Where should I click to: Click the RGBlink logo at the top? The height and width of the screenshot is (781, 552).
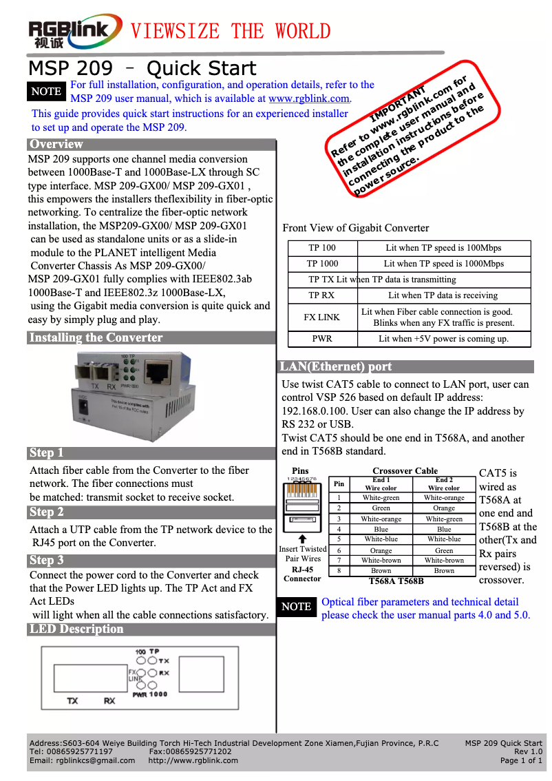[74, 32]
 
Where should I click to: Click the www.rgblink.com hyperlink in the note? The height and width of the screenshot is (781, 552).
[309, 98]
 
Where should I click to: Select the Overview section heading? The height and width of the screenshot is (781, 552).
[56, 145]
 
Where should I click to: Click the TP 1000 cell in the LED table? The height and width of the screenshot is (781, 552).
[322, 264]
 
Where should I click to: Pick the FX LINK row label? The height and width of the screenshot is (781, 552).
[322, 317]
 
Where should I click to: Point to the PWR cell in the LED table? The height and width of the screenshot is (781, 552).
[322, 339]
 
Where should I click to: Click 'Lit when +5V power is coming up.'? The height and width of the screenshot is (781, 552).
[443, 339]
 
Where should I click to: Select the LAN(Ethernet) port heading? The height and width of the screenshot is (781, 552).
[335, 367]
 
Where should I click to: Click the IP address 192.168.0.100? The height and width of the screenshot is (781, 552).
[314, 411]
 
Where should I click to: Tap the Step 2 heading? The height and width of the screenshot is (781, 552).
[47, 512]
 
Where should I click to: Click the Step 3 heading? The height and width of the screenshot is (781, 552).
[47, 561]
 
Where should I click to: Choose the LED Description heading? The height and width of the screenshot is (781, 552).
[76, 629]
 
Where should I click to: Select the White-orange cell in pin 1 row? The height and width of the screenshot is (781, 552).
[444, 498]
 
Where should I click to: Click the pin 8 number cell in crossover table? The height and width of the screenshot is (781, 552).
[339, 571]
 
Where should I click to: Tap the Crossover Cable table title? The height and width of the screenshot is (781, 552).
[405, 471]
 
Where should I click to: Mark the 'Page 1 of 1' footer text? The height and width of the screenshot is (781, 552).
[521, 760]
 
